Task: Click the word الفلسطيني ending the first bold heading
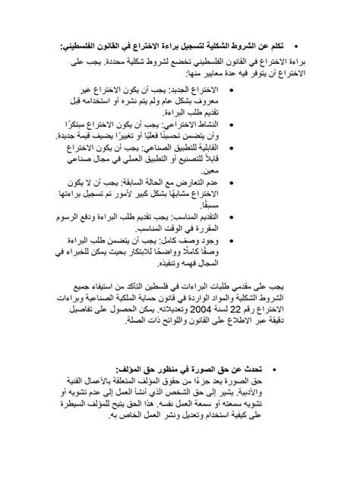tap(80, 45)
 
